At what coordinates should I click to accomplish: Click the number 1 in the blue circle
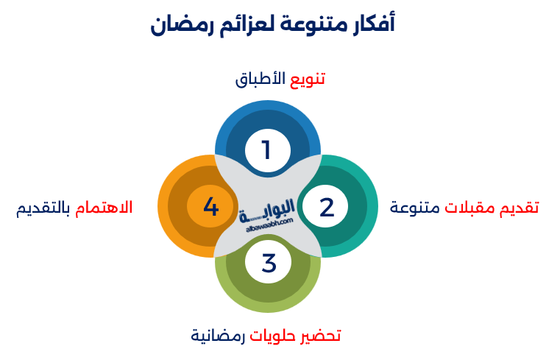point(266,150)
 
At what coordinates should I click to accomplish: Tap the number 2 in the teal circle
point(327,207)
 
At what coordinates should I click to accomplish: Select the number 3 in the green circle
point(268,263)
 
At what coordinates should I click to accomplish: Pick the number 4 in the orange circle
point(211,207)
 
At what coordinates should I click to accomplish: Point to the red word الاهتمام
point(104,208)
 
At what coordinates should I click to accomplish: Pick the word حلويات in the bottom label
point(275,336)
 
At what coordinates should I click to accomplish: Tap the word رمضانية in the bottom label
point(218,336)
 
